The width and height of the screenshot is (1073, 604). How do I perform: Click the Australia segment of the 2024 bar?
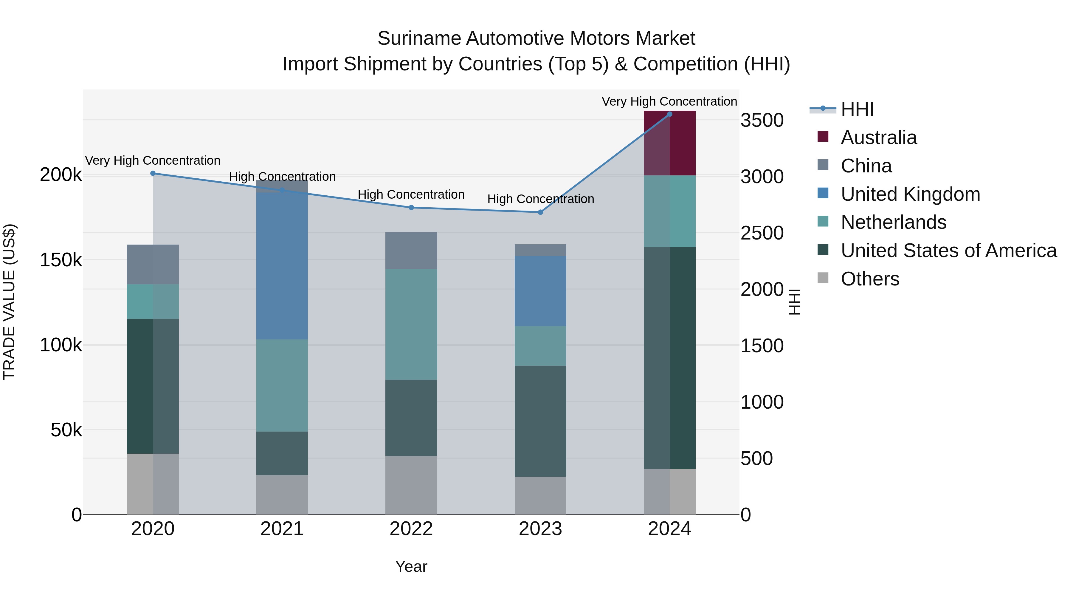pyautogui.click(x=669, y=143)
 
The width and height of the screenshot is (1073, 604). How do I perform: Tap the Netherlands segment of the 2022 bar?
pyautogui.click(x=411, y=324)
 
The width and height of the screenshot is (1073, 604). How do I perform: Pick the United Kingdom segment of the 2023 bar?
pyautogui.click(x=540, y=291)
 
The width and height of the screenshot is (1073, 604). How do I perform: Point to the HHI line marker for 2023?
pyautogui.click(x=540, y=212)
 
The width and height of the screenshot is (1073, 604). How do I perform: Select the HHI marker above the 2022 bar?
pyautogui.click(x=411, y=208)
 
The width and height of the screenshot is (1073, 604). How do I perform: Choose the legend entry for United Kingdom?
pyautogui.click(x=910, y=194)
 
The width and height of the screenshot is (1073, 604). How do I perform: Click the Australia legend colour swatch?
pyautogui.click(x=823, y=137)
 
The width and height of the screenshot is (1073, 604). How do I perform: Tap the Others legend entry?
pyautogui.click(x=870, y=279)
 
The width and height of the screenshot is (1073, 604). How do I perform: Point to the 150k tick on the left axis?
pyautogui.click(x=61, y=260)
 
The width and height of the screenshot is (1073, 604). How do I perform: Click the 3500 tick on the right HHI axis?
pyautogui.click(x=762, y=121)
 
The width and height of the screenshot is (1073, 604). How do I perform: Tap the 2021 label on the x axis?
pyautogui.click(x=282, y=529)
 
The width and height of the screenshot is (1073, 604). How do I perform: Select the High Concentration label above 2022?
pyautogui.click(x=411, y=195)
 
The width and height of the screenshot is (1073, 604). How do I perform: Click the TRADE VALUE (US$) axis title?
pyautogui.click(x=9, y=302)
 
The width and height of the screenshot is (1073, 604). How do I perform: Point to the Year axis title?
pyautogui.click(x=411, y=566)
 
